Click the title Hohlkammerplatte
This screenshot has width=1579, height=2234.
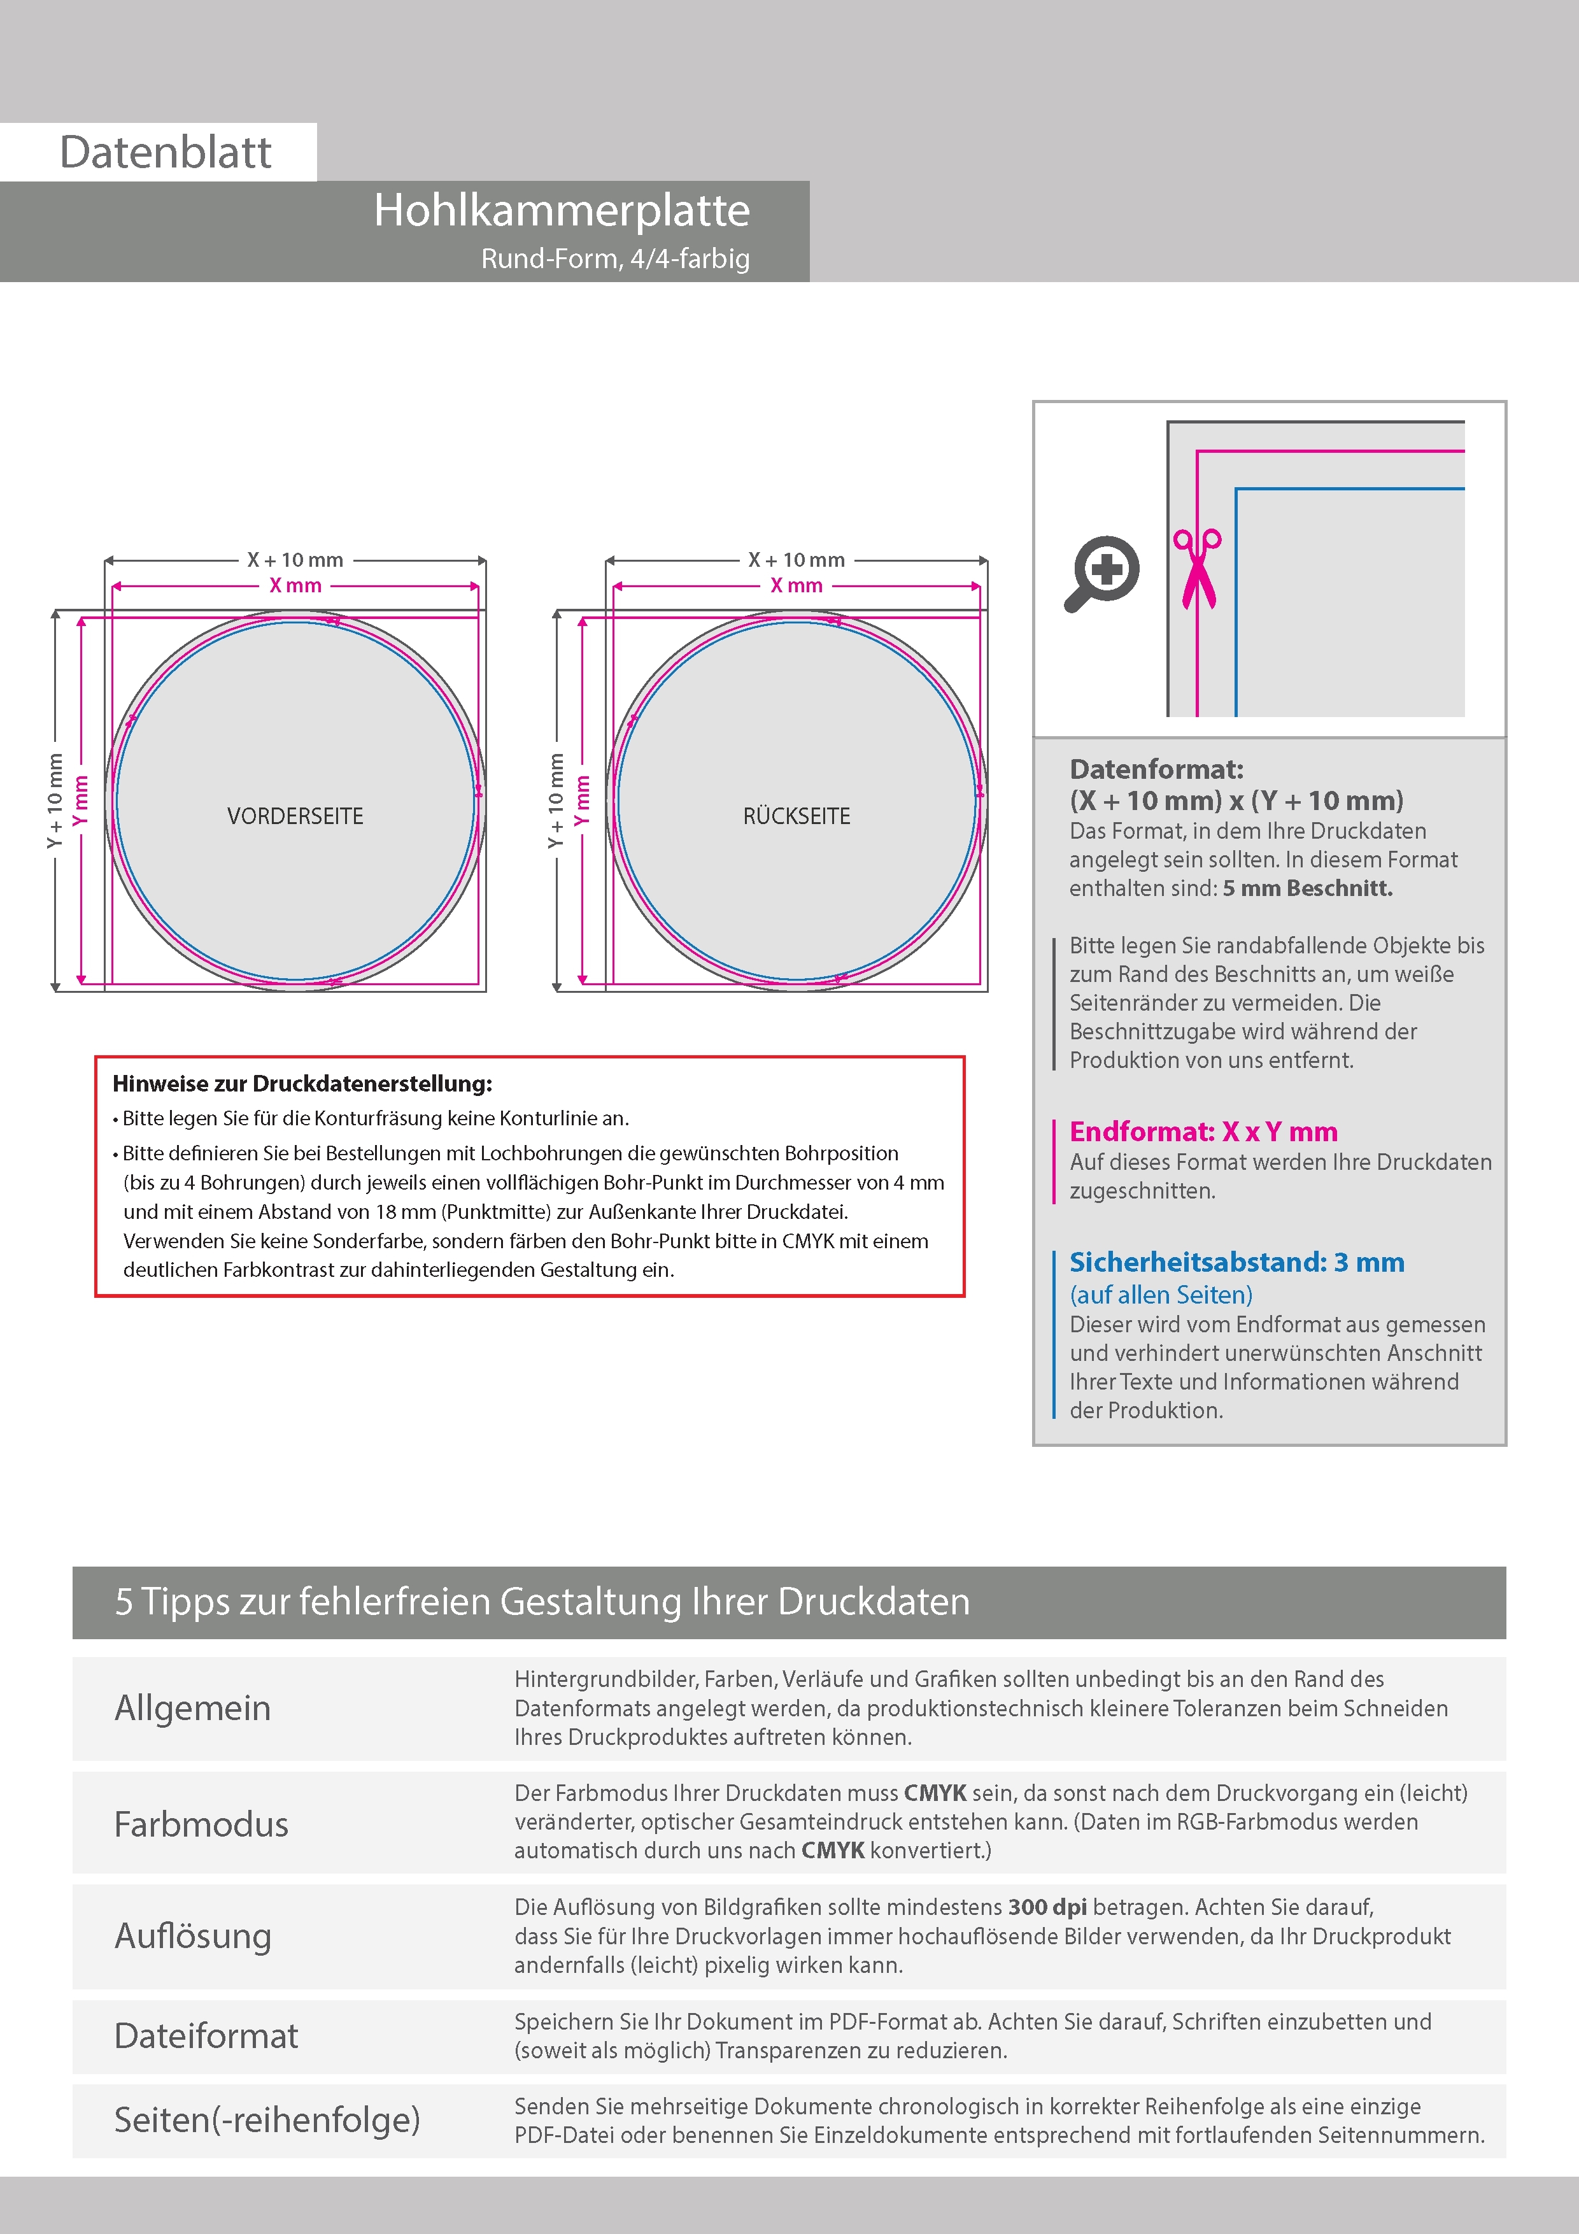tap(562, 210)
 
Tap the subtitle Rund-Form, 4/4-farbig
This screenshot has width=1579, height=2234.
tap(615, 259)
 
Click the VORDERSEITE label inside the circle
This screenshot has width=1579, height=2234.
tap(295, 816)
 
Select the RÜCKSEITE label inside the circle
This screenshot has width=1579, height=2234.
tap(796, 816)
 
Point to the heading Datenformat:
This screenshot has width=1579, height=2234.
tap(1156, 770)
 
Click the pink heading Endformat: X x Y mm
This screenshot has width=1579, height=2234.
tap(1203, 1132)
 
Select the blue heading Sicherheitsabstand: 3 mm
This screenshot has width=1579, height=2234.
tap(1236, 1262)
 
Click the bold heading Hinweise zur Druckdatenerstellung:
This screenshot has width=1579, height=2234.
tap(302, 1084)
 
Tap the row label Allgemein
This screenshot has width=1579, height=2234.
tap(193, 1707)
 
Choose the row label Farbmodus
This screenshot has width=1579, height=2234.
tap(201, 1823)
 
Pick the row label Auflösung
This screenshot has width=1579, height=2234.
tap(193, 1935)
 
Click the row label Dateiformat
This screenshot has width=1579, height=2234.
tap(206, 2035)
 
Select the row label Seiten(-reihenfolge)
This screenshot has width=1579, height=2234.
tap(267, 2119)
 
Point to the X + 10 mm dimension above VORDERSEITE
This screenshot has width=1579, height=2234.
tap(295, 560)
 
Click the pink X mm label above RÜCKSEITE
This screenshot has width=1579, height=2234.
tap(796, 586)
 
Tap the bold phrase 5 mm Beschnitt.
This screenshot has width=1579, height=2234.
tap(1308, 888)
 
